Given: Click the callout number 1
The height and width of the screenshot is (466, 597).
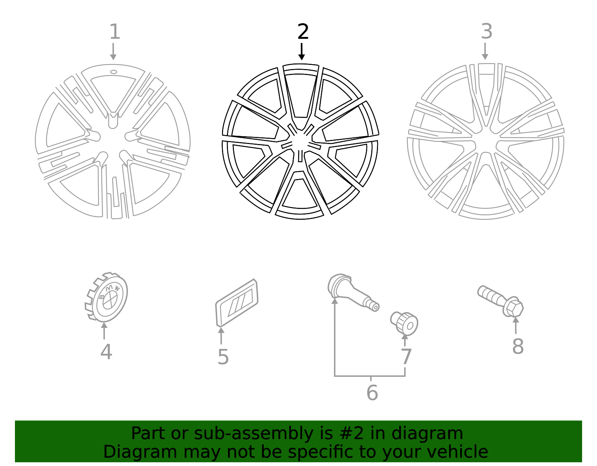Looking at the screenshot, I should [115, 32].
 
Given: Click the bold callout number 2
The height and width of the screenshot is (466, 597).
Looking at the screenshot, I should [303, 32].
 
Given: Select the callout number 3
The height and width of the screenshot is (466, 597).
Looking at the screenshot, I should [486, 31].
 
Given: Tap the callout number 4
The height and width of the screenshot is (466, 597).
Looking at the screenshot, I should [106, 352].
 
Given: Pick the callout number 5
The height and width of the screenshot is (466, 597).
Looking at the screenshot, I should [223, 357].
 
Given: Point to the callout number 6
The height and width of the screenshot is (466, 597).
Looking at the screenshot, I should [372, 392].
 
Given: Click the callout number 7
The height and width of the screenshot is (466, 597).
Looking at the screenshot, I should [406, 357].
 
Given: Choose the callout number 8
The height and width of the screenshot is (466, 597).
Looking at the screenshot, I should [518, 347].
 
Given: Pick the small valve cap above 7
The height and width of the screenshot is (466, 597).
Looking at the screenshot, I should [405, 323].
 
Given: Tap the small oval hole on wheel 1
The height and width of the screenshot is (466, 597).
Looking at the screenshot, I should [113, 72].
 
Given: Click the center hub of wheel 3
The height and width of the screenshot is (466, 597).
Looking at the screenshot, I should [485, 144].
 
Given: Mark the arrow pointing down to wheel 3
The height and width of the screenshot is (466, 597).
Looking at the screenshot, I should [485, 51].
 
